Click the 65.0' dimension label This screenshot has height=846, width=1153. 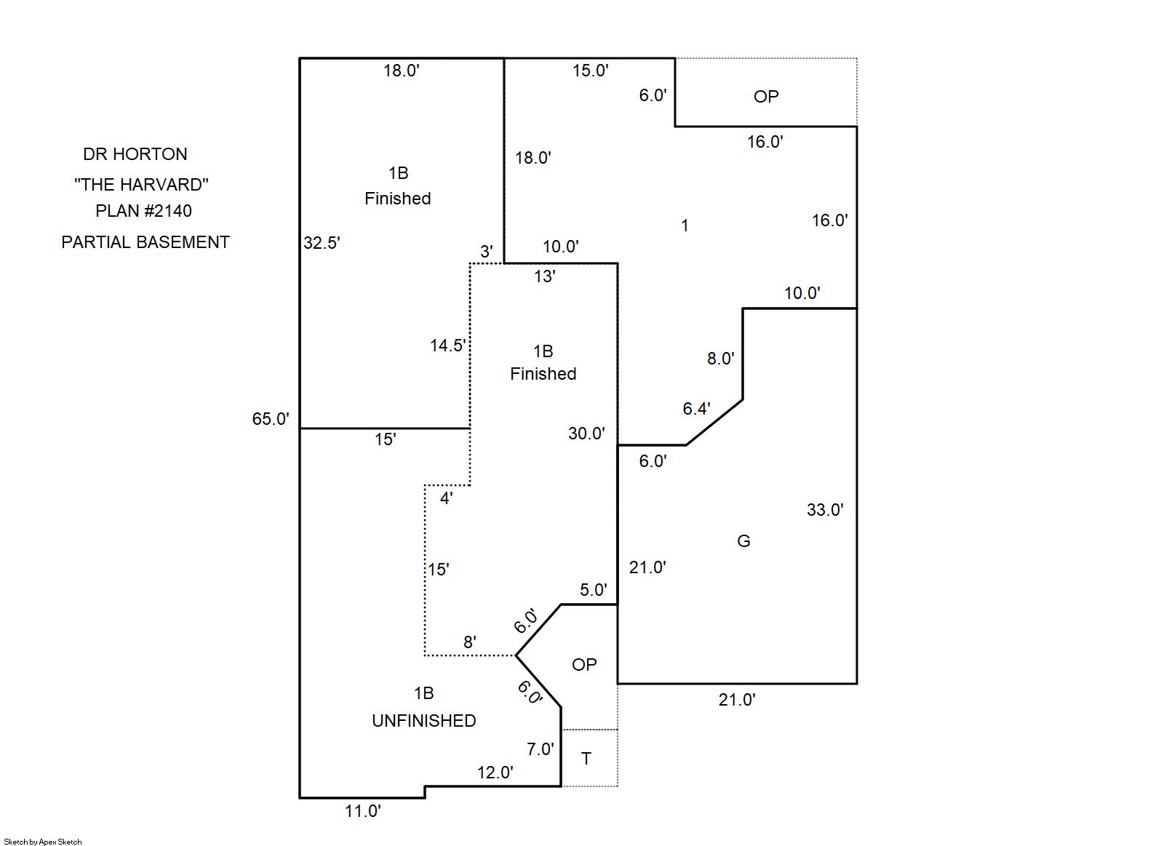[271, 419]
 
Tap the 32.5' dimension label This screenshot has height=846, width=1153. [322, 243]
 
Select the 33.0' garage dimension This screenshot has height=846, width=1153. [824, 510]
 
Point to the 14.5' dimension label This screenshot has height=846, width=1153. [447, 346]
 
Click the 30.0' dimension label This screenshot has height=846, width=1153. [586, 434]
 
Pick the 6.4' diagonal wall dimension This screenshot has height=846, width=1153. [696, 409]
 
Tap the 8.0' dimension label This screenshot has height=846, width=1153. [720, 359]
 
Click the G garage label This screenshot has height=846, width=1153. [743, 541]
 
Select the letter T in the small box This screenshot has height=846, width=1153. [586, 759]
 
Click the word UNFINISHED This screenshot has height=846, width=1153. [424, 721]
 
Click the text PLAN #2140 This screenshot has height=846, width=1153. [143, 211]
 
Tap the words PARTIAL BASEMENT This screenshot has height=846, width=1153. [145, 242]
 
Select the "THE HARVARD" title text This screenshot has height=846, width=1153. [141, 185]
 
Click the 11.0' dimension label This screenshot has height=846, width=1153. [362, 811]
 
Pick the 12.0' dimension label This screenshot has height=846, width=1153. [495, 773]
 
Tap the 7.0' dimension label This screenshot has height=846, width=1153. [540, 749]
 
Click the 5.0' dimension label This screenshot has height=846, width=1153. [593, 590]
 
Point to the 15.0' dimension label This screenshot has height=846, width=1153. [590, 71]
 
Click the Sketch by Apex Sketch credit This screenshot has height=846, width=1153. [43, 842]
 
